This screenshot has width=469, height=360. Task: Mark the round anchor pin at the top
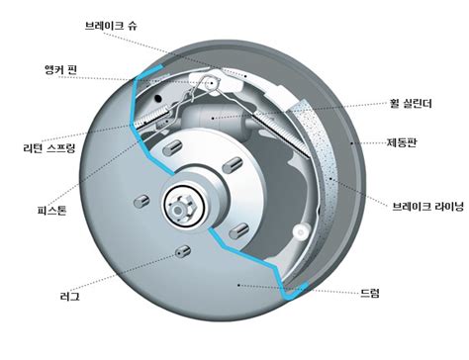point(215,85)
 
